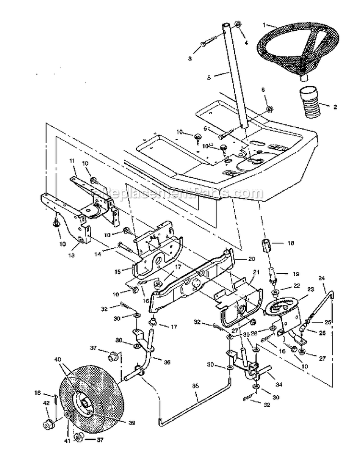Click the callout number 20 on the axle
click(251, 258)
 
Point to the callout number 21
click(256, 272)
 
